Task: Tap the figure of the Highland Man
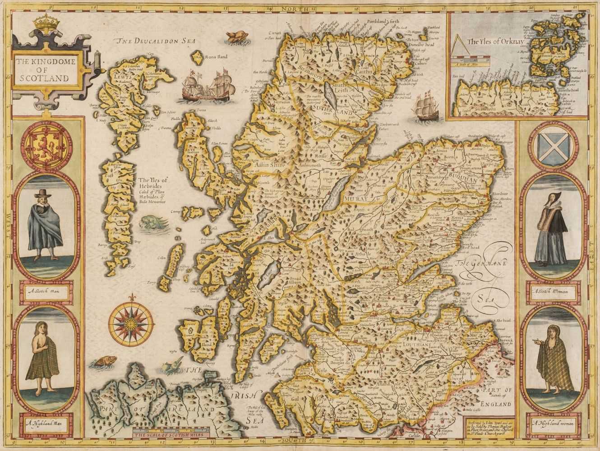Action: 45,365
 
